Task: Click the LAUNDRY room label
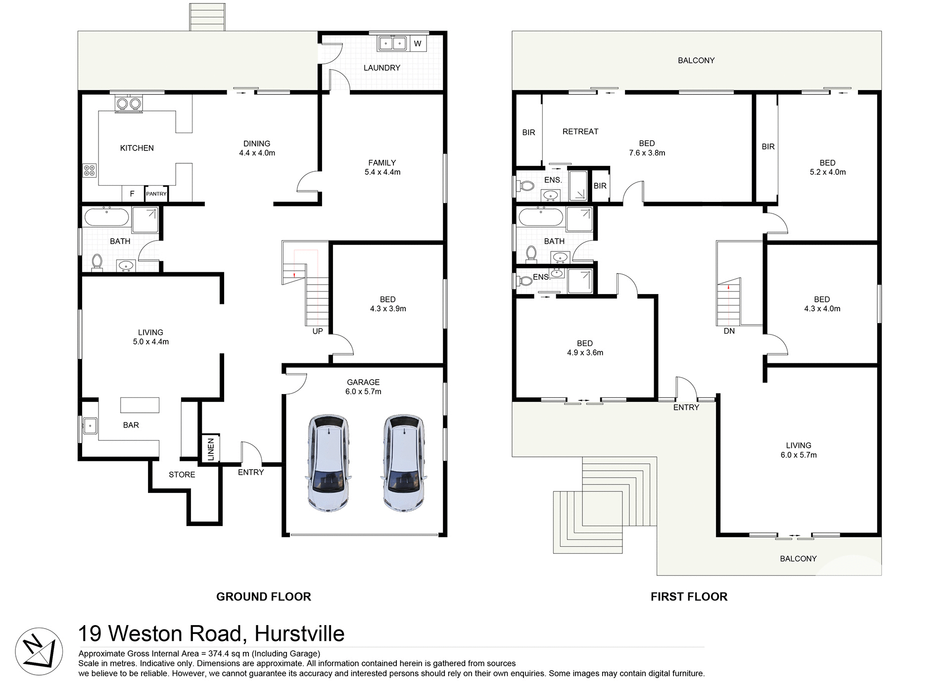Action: click(381, 68)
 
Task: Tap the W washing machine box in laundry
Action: click(418, 44)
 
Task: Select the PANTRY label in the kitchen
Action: click(156, 194)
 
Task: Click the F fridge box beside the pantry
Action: click(132, 194)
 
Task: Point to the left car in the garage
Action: click(329, 463)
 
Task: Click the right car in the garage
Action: click(403, 463)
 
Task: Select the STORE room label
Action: click(182, 475)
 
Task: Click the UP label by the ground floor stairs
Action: click(318, 331)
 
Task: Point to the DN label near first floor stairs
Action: click(729, 331)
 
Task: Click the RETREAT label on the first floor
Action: click(580, 132)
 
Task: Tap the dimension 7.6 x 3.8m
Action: click(647, 153)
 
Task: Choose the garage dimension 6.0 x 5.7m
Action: click(363, 391)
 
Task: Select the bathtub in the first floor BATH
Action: click(540, 217)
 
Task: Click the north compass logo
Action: click(39, 651)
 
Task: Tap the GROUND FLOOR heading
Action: click(263, 596)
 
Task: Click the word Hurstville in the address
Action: click(299, 634)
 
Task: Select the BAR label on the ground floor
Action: click(131, 425)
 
